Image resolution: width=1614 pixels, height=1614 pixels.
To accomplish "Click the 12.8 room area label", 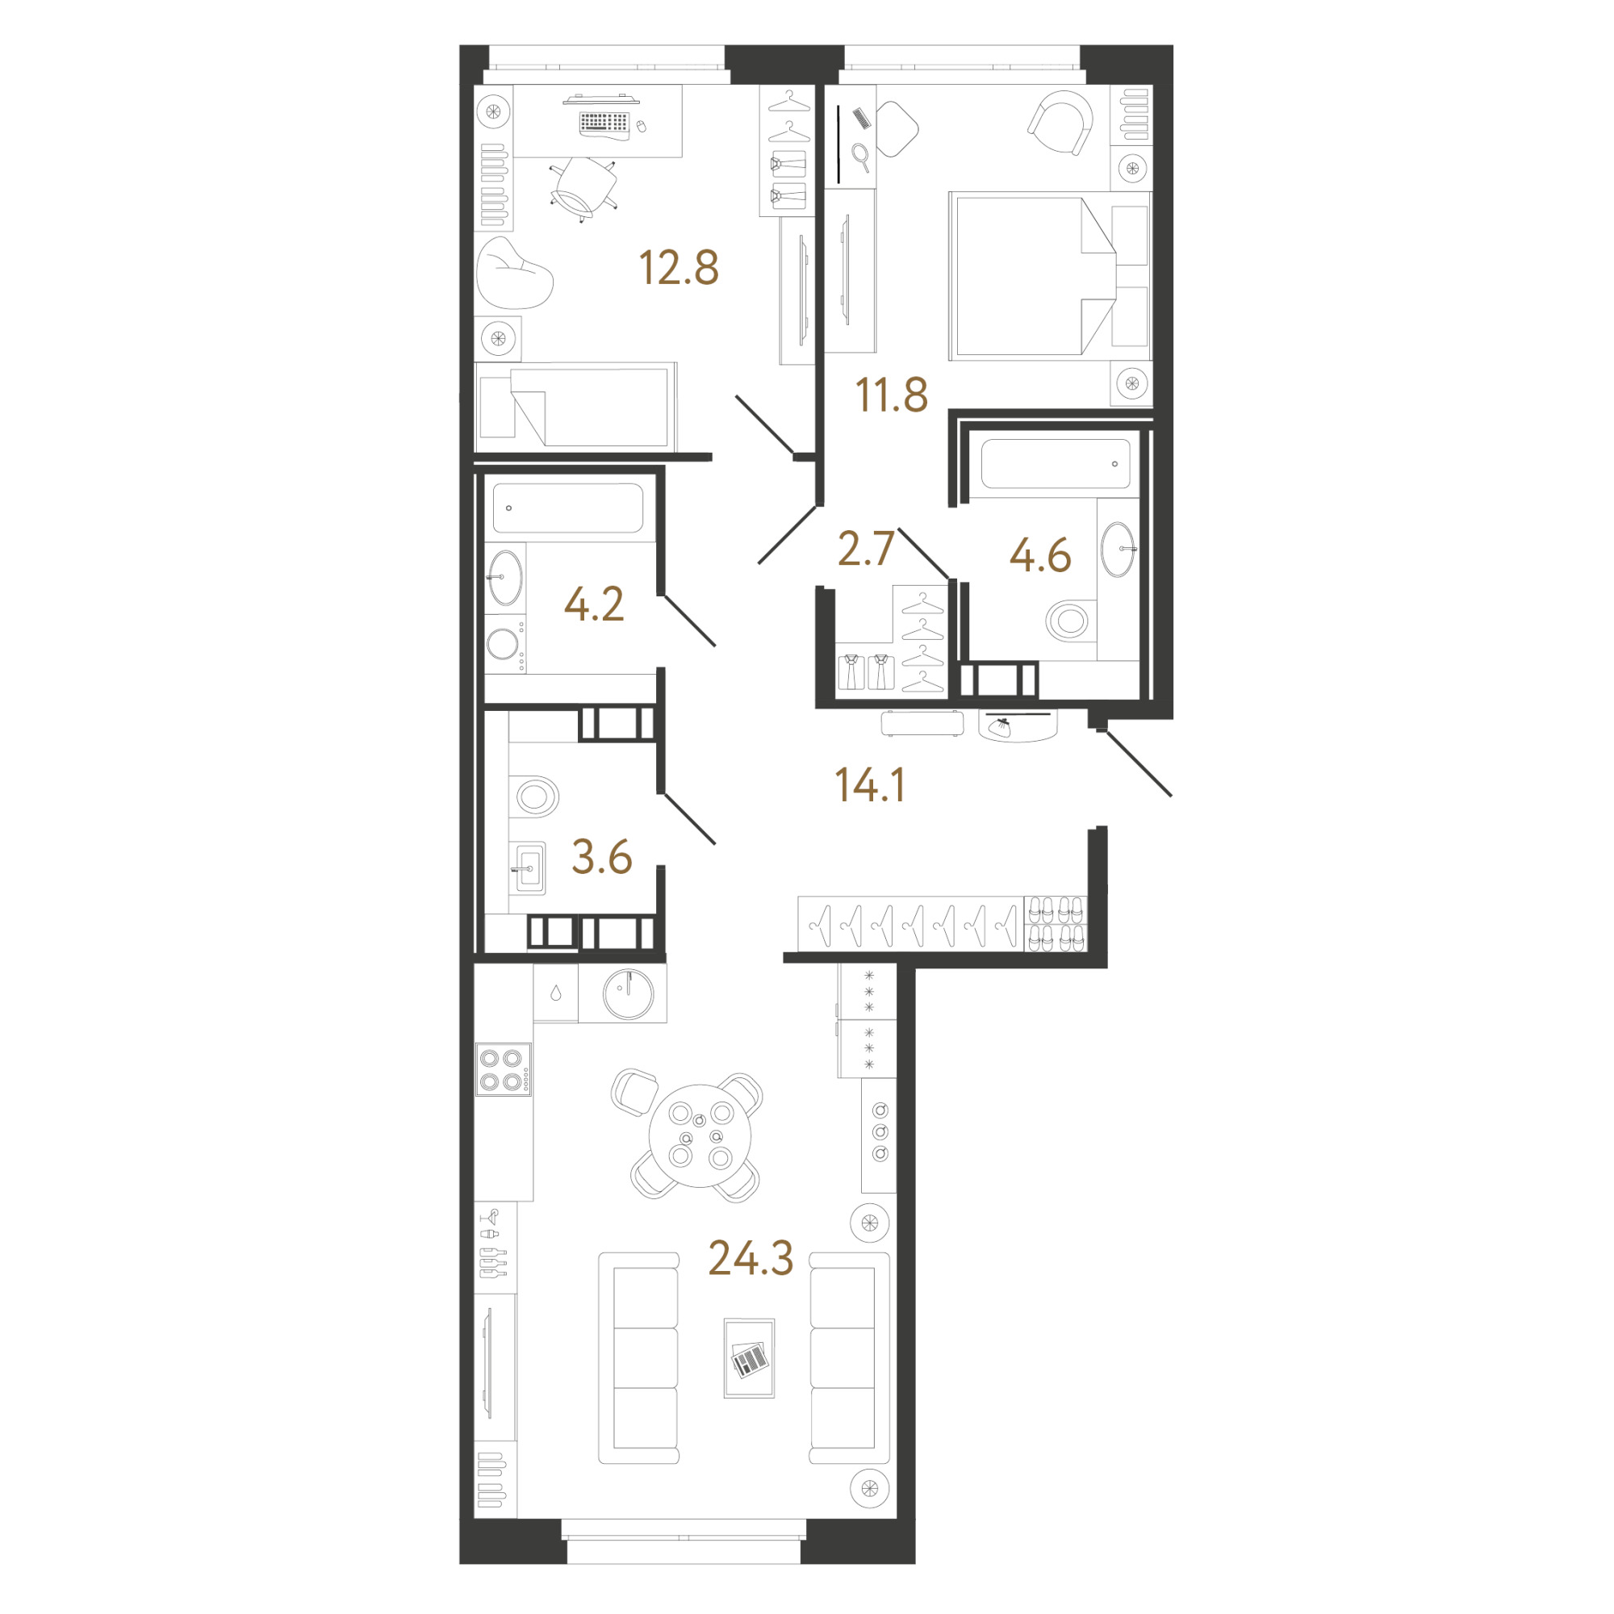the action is [x=679, y=268].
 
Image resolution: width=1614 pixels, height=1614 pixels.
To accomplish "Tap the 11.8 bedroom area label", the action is [x=892, y=395].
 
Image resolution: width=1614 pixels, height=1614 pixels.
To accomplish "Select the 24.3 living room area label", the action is [x=751, y=1258].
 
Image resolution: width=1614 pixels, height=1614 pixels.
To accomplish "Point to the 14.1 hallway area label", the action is [x=871, y=785].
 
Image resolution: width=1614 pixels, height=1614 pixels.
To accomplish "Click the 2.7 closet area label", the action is [x=866, y=549].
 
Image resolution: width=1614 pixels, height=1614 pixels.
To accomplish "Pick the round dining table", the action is [x=700, y=1136].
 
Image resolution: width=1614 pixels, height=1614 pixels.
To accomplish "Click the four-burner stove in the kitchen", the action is [x=504, y=1069].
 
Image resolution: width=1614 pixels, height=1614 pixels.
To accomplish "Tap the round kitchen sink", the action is [x=628, y=994].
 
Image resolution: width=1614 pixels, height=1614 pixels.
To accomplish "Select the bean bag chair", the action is [x=514, y=272].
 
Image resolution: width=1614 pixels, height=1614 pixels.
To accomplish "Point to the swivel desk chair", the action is [x=584, y=189].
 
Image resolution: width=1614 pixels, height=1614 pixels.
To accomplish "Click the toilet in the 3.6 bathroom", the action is [x=535, y=797].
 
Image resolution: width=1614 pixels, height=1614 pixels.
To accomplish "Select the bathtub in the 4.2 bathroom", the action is [x=568, y=508].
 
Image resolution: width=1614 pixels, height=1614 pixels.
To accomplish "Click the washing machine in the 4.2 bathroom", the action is [x=504, y=644].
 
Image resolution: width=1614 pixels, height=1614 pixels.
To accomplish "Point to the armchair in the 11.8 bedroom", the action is [x=1060, y=123].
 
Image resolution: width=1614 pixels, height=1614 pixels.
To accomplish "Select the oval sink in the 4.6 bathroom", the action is [x=1118, y=549].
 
